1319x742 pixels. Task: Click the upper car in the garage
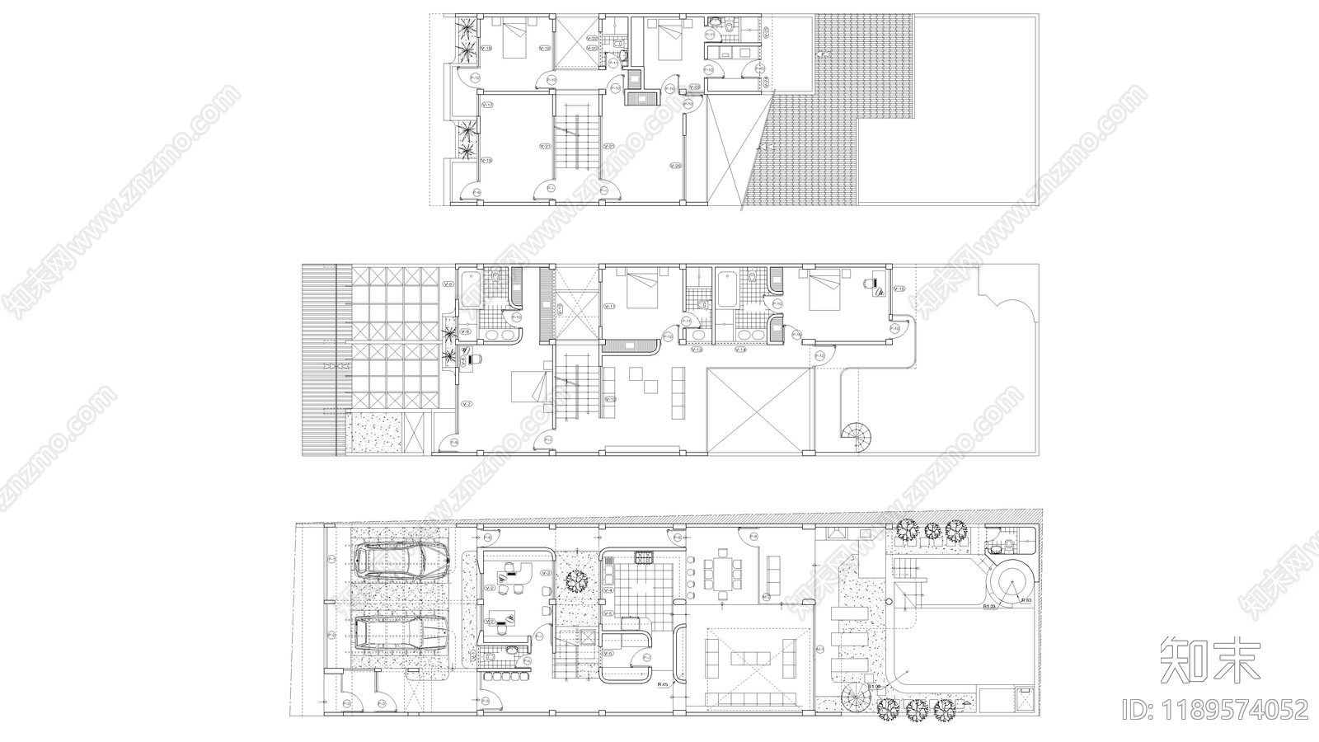pos(402,561)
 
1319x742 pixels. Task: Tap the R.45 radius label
pos(662,685)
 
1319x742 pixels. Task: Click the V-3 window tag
pos(545,573)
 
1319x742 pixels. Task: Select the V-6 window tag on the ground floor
pos(608,654)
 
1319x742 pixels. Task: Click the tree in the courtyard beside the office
pos(576,581)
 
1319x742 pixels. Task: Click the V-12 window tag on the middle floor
pos(610,400)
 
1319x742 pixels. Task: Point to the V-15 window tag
pos(899,289)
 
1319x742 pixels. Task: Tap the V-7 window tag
pos(467,404)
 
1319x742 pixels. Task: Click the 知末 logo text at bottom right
pos(1210,660)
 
